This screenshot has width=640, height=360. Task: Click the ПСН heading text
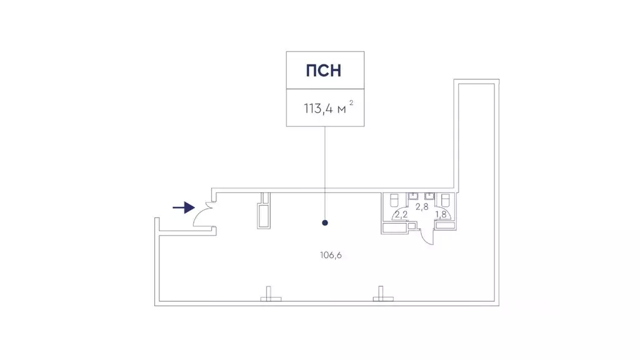[x=324, y=71]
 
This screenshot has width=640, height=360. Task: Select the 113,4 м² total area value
[x=328, y=108]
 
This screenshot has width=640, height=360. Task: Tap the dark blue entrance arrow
[x=184, y=207]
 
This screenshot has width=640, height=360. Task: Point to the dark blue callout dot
[x=325, y=223]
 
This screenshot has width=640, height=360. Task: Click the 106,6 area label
[x=331, y=255]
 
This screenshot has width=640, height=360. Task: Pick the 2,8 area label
[x=422, y=207]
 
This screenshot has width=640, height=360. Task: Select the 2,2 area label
[x=401, y=214]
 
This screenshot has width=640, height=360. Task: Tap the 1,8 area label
[x=441, y=214]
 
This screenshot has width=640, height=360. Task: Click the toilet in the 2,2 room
[x=395, y=200]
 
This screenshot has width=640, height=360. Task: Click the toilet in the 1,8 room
[x=445, y=200]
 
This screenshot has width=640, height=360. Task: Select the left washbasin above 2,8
[x=413, y=196]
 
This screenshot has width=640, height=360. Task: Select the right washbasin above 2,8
[x=429, y=196]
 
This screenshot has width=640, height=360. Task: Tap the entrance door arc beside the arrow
[x=199, y=215]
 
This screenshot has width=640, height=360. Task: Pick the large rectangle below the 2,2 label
[x=394, y=227]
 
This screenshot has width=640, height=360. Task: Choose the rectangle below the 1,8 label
[x=445, y=225]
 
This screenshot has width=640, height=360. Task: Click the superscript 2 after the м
[x=351, y=103]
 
